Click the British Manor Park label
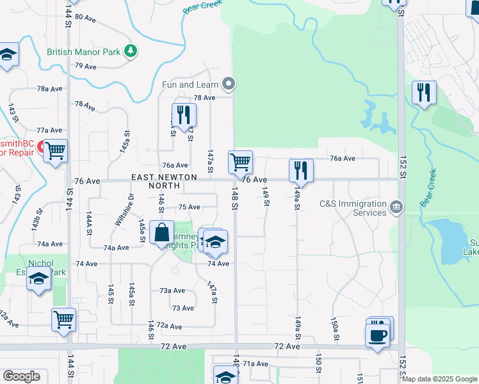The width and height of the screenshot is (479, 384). (83, 51)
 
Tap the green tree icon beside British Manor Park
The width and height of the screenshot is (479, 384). (131, 51)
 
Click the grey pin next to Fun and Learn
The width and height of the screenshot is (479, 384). (229, 84)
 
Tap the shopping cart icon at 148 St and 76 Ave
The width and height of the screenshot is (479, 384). (240, 163)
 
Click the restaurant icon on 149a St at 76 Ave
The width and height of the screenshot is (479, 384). (301, 170)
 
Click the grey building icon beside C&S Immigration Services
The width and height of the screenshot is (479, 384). (397, 207)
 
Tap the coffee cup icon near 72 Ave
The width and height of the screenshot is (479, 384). (377, 335)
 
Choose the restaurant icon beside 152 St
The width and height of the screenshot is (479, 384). (423, 93)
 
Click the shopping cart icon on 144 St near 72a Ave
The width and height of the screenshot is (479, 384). (63, 319)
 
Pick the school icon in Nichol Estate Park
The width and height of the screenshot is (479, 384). (38, 280)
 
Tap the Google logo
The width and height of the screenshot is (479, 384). (21, 376)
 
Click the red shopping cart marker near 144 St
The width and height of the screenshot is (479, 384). (56, 151)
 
